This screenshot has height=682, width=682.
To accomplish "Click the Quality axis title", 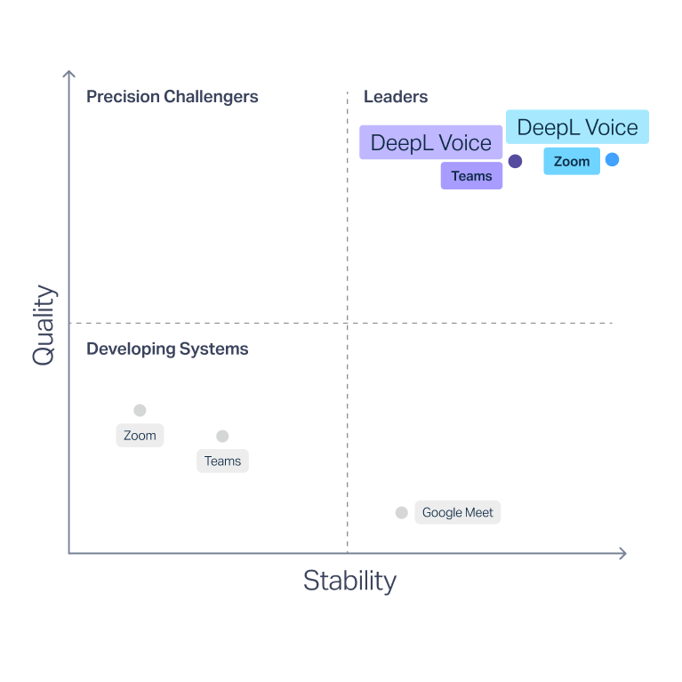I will click(x=44, y=325).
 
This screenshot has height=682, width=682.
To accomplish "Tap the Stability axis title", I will click(x=349, y=581).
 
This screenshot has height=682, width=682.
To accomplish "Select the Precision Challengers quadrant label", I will click(x=172, y=97).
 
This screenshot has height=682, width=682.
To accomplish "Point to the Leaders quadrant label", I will click(x=396, y=97).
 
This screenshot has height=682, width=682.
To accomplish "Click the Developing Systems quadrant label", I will click(x=167, y=349).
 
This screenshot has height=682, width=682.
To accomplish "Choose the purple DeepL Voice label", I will click(x=431, y=142).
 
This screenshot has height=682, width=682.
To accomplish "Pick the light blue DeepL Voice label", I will click(x=577, y=127).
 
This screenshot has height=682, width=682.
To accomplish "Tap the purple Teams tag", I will click(x=471, y=176).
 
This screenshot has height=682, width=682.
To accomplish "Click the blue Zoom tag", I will click(x=571, y=161).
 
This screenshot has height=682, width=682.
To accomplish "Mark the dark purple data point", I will click(x=515, y=161).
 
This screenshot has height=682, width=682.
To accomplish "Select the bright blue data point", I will click(x=612, y=160).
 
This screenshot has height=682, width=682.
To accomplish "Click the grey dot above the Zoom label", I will click(x=140, y=410).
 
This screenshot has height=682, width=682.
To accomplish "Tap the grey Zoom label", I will click(x=140, y=436).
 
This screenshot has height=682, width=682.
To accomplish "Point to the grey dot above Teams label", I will click(x=222, y=436).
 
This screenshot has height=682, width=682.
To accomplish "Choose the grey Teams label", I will click(x=222, y=461).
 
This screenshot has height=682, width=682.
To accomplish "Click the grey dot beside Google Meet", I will click(x=401, y=512).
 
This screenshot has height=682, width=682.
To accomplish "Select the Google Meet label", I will click(x=457, y=512).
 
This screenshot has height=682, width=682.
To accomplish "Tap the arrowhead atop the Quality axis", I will click(x=68, y=75).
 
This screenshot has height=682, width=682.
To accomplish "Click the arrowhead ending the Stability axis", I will click(x=622, y=553).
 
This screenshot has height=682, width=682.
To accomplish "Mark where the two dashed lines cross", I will click(x=347, y=323).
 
